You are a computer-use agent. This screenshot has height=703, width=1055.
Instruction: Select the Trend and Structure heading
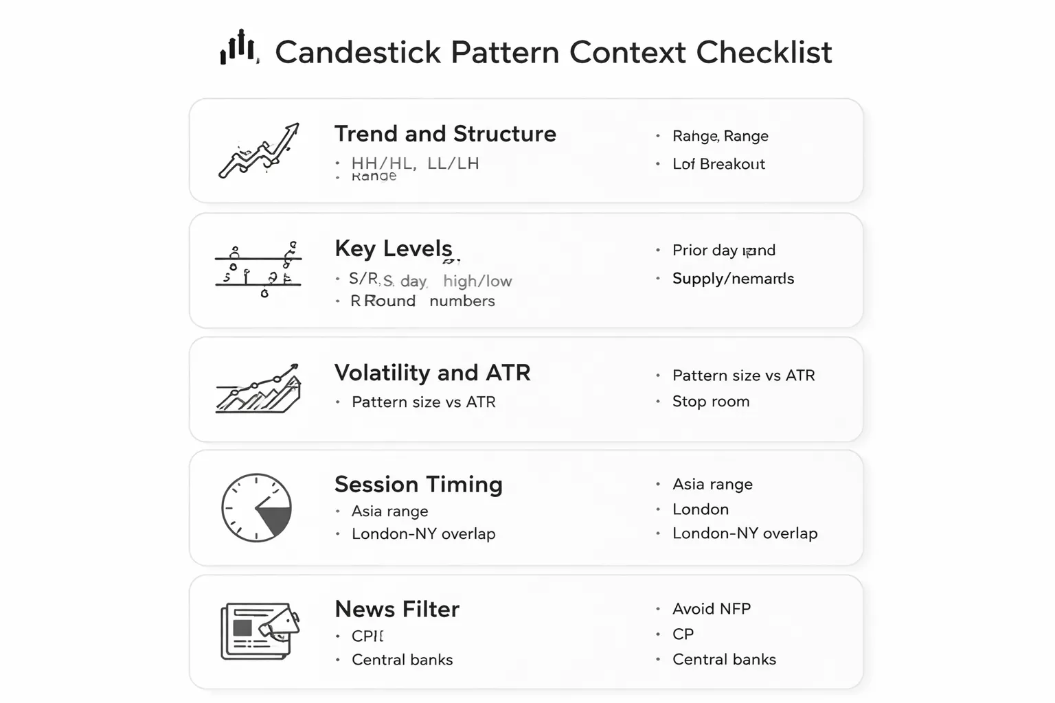coord(445,134)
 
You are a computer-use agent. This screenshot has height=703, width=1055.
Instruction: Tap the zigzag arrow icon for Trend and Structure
coord(259,150)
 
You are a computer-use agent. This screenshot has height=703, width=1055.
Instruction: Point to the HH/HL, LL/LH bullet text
coord(415,163)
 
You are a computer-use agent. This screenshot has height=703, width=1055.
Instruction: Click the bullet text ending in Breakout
coord(718,164)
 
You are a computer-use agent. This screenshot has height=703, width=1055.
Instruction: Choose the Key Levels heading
coord(394,249)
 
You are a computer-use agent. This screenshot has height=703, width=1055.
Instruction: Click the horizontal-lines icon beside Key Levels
coord(258,271)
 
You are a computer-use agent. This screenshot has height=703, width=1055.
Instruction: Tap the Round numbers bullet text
coord(423,301)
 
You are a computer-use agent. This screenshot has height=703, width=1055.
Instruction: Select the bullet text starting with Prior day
coord(723,250)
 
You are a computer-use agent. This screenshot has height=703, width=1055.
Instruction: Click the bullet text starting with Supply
coord(733,279)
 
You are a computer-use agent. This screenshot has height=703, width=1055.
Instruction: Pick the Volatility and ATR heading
coord(432,373)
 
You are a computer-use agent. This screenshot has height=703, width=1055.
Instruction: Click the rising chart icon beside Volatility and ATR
coord(258,389)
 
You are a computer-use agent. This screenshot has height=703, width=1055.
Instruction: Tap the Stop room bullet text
coord(711,402)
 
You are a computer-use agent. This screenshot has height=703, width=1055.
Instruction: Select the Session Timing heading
coord(418,485)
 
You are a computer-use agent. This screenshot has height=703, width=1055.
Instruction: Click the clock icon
coord(257,508)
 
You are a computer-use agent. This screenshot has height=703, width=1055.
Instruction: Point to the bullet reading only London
coord(701,509)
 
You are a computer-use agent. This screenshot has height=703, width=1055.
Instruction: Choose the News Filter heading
coord(397,610)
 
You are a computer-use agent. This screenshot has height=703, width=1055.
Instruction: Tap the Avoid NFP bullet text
coord(712,609)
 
